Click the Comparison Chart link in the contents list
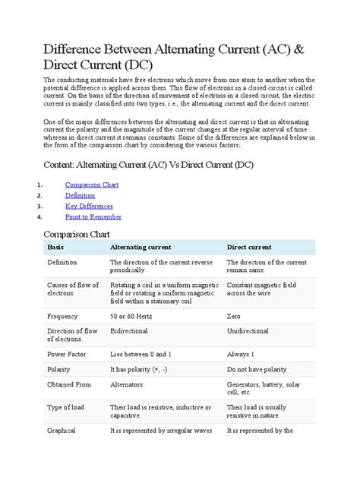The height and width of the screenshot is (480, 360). pos(91,185)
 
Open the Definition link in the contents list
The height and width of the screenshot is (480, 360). pos(80,195)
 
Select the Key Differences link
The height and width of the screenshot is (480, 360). pos(89,206)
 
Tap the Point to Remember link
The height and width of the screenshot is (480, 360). pos(93,216)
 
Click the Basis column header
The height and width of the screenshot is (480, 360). pos(56,248)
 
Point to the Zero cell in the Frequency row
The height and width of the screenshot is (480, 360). pos(234,315)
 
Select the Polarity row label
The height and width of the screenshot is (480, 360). pos(60,370)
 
